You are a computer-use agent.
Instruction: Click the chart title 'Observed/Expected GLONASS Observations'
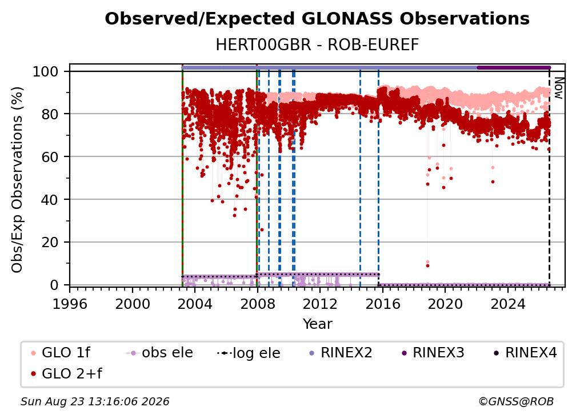coord(317,19)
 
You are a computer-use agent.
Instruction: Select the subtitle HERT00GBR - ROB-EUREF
coord(317,45)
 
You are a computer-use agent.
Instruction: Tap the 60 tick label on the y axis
coord(50,157)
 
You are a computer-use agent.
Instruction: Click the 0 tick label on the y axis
coord(54,285)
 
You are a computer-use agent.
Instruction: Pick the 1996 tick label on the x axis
coord(70,304)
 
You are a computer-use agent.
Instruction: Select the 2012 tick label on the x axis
coord(320,304)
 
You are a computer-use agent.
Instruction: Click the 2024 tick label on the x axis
coord(508,304)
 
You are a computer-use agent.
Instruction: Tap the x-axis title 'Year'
coord(317,324)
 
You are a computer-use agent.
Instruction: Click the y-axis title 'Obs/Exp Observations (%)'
coord(17,180)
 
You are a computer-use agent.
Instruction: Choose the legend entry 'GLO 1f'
coord(61,353)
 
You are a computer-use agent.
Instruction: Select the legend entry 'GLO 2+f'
coord(66,373)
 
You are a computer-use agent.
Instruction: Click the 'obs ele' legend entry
coord(159,353)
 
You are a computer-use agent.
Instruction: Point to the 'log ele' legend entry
coord(249,353)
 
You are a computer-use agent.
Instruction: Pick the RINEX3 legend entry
coord(433,353)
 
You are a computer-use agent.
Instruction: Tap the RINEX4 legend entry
coord(526,353)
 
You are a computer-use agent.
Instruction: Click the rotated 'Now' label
coord(558,88)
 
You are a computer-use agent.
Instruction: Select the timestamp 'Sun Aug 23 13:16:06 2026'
coord(95,401)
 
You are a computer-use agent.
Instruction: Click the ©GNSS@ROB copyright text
coord(516,401)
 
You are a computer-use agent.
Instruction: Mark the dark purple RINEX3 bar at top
coord(514,67)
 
